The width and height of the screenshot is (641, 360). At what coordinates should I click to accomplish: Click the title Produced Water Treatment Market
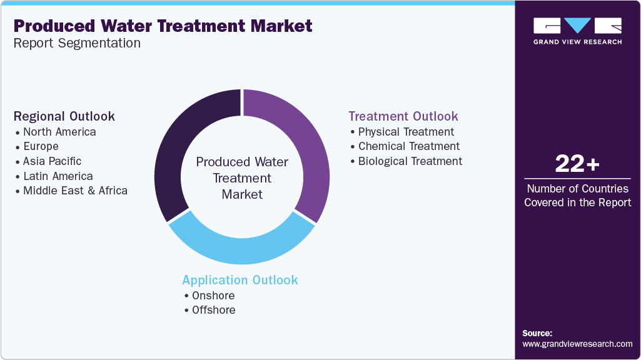pyautogui.click(x=163, y=26)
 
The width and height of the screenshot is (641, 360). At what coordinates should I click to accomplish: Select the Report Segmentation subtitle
pyautogui.click(x=77, y=43)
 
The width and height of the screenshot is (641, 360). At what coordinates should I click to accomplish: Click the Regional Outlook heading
pyautogui.click(x=64, y=116)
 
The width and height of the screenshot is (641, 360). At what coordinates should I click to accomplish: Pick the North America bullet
pyautogui.click(x=59, y=132)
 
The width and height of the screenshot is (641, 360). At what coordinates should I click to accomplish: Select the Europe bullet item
pyautogui.click(x=41, y=146)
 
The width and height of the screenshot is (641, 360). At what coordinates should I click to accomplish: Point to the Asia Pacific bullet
pyautogui.click(x=52, y=161)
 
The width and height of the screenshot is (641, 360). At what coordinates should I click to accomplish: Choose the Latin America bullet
pyautogui.click(x=58, y=176)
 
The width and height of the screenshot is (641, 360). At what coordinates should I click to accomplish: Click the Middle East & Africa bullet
pyautogui.click(x=75, y=191)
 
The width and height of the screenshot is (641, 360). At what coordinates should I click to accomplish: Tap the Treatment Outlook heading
pyautogui.click(x=403, y=116)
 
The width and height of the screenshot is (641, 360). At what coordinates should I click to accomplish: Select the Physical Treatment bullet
pyautogui.click(x=406, y=132)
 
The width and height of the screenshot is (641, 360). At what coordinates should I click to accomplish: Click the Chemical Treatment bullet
pyautogui.click(x=408, y=146)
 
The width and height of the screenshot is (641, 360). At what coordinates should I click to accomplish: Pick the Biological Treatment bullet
pyautogui.click(x=410, y=161)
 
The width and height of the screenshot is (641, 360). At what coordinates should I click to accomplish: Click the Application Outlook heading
pyautogui.click(x=240, y=279)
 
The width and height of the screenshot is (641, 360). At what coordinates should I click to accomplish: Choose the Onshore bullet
pyautogui.click(x=214, y=296)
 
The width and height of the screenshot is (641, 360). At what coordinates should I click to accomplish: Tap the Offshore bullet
pyautogui.click(x=214, y=310)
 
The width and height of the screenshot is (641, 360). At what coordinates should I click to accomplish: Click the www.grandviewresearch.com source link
pyautogui.click(x=577, y=344)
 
